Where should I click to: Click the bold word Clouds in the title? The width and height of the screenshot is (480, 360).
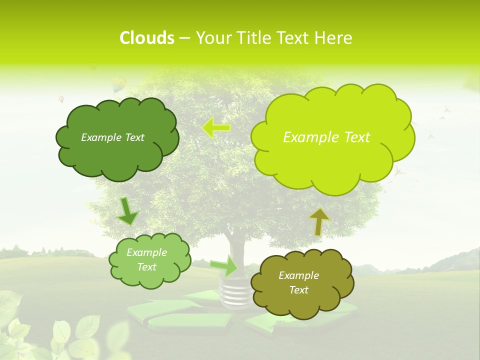pyautogui.click(x=146, y=38)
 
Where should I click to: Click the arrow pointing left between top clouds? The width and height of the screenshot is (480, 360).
pyautogui.click(x=216, y=127)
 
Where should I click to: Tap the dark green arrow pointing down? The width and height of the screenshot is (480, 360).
pyautogui.click(x=127, y=212)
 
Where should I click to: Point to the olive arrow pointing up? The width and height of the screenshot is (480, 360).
pyautogui.click(x=319, y=221)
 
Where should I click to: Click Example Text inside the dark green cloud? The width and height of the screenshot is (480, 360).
pyautogui.click(x=112, y=137)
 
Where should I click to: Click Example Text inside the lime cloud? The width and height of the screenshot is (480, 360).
pyautogui.click(x=326, y=137)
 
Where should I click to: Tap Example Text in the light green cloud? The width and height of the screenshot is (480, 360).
pyautogui.click(x=147, y=259)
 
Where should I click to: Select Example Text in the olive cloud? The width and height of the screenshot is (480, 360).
pyautogui.click(x=298, y=282)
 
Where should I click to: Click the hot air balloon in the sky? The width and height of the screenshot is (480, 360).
pyautogui.click(x=118, y=84)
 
